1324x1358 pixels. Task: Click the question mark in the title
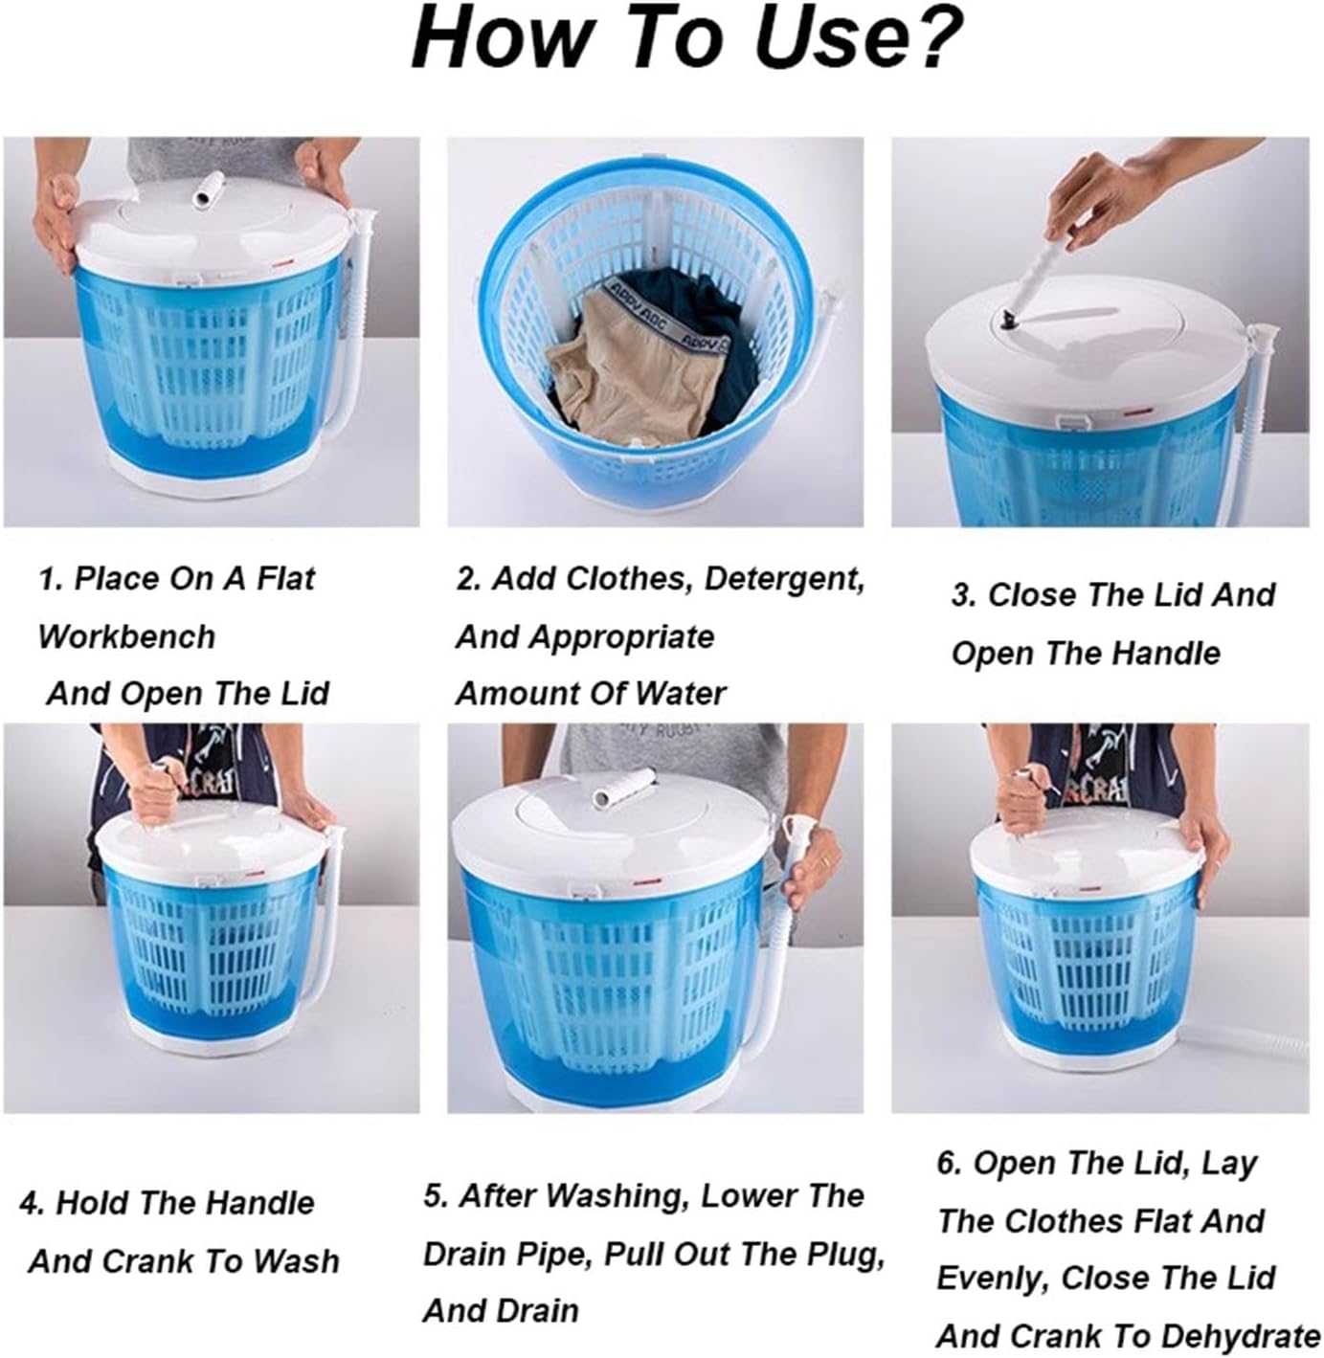pyautogui.click(x=932, y=38)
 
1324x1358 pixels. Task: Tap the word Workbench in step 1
pyautogui.click(x=126, y=636)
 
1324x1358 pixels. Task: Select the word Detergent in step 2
pyautogui.click(x=785, y=578)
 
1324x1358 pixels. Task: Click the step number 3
pyautogui.click(x=962, y=595)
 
